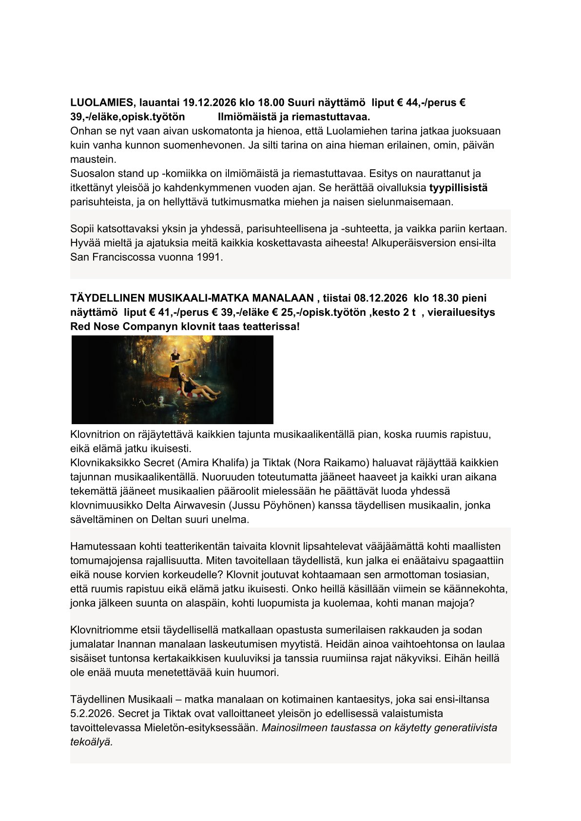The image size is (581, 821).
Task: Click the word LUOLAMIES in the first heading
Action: tap(101, 103)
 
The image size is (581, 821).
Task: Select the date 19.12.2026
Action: tap(210, 103)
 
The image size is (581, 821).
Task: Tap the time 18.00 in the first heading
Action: tap(271, 103)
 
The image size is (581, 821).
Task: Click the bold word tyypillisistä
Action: tap(458, 188)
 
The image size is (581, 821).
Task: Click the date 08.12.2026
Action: tap(381, 298)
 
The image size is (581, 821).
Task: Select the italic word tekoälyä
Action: tap(92, 742)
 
